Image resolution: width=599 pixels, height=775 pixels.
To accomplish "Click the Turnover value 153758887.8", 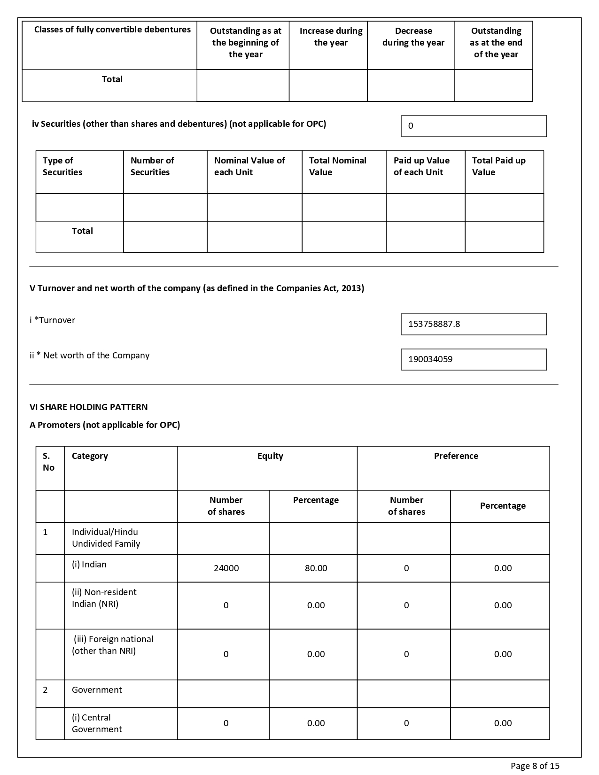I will click(434, 324).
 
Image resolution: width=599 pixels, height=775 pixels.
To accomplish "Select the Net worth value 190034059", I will click(430, 359).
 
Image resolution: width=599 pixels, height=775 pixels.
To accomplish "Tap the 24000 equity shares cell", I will click(226, 568).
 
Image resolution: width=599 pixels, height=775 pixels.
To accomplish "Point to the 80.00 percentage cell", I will click(316, 568).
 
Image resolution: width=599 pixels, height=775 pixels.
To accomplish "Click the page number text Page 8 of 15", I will click(535, 766).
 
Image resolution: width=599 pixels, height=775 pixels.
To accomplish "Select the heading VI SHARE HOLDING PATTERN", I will click(88, 407).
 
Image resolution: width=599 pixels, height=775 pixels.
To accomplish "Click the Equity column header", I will click(270, 456).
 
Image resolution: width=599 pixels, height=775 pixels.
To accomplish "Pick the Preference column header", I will click(456, 456).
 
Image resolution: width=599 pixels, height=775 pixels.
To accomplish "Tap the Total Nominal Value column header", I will click(337, 166).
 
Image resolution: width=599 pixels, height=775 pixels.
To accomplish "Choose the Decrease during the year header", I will click(413, 37).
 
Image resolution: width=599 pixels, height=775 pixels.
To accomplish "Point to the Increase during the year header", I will click(331, 37).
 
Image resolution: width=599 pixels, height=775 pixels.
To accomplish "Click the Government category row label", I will click(97, 690).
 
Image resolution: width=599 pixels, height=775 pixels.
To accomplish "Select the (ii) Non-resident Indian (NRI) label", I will click(104, 598).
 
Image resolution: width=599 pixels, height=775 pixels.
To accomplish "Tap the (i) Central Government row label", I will click(97, 723).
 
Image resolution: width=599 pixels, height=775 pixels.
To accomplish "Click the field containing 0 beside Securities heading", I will click(474, 126).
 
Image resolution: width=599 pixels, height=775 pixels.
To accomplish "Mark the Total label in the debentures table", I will click(112, 79).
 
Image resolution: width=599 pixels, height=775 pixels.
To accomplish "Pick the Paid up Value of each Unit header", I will click(421, 166).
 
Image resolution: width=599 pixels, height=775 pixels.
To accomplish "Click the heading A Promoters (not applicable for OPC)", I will click(105, 425).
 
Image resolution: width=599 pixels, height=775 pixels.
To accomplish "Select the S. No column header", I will click(48, 462).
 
